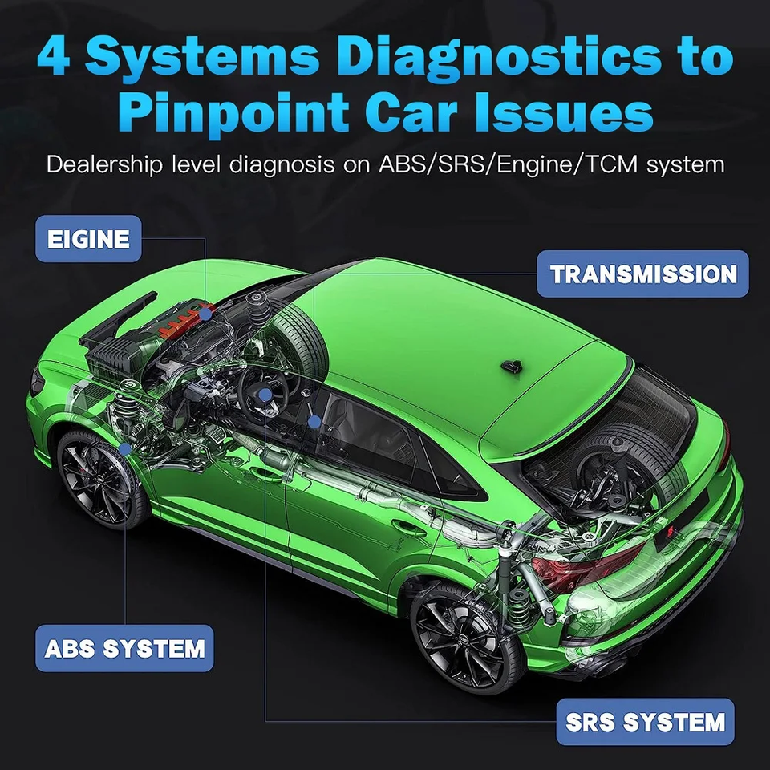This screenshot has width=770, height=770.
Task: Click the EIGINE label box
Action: point(88,239)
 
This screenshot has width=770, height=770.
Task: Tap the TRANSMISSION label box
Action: point(642,274)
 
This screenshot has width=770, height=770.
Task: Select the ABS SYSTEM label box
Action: point(124,647)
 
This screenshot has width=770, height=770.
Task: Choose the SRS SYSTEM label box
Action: point(645,722)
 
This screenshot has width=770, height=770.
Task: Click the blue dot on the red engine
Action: point(206,314)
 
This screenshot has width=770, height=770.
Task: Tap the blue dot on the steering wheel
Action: point(265,394)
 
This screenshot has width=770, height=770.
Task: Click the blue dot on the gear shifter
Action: point(314,420)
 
